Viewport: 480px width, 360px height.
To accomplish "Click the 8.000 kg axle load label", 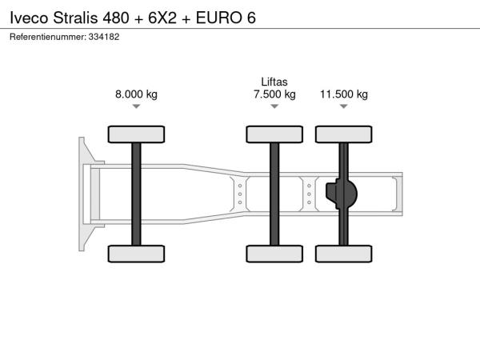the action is pyautogui.click(x=136, y=94).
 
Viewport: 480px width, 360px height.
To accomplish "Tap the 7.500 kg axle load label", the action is pyautogui.click(x=274, y=94).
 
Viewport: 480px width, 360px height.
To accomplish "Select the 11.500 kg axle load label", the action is pyautogui.click(x=344, y=94).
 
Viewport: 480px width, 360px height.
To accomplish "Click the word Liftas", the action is pyautogui.click(x=274, y=82).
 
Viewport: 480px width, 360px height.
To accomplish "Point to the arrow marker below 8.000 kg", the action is pyautogui.click(x=136, y=106).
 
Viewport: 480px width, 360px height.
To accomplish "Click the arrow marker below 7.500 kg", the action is pyautogui.click(x=274, y=106).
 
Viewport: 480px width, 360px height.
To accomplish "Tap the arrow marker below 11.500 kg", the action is pyautogui.click(x=344, y=106).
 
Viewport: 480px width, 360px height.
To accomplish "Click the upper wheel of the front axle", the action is pyautogui.click(x=136, y=134).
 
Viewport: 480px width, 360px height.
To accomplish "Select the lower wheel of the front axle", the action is pyautogui.click(x=136, y=254).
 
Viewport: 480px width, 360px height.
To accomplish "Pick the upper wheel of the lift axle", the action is pyautogui.click(x=274, y=134).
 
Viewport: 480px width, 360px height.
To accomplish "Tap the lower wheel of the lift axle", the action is pyautogui.click(x=274, y=254).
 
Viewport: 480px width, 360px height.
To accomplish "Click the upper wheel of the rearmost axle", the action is pyautogui.click(x=344, y=134).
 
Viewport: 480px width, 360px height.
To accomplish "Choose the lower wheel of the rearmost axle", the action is pyautogui.click(x=344, y=254).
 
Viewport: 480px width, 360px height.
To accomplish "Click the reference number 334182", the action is pyautogui.click(x=104, y=37).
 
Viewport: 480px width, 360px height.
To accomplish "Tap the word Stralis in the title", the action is pyautogui.click(x=75, y=18).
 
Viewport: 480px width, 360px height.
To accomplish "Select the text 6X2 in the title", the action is pyautogui.click(x=162, y=18).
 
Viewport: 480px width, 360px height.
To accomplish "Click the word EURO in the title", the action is pyautogui.click(x=219, y=18).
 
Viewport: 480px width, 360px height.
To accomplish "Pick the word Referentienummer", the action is pyautogui.click(x=48, y=37).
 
